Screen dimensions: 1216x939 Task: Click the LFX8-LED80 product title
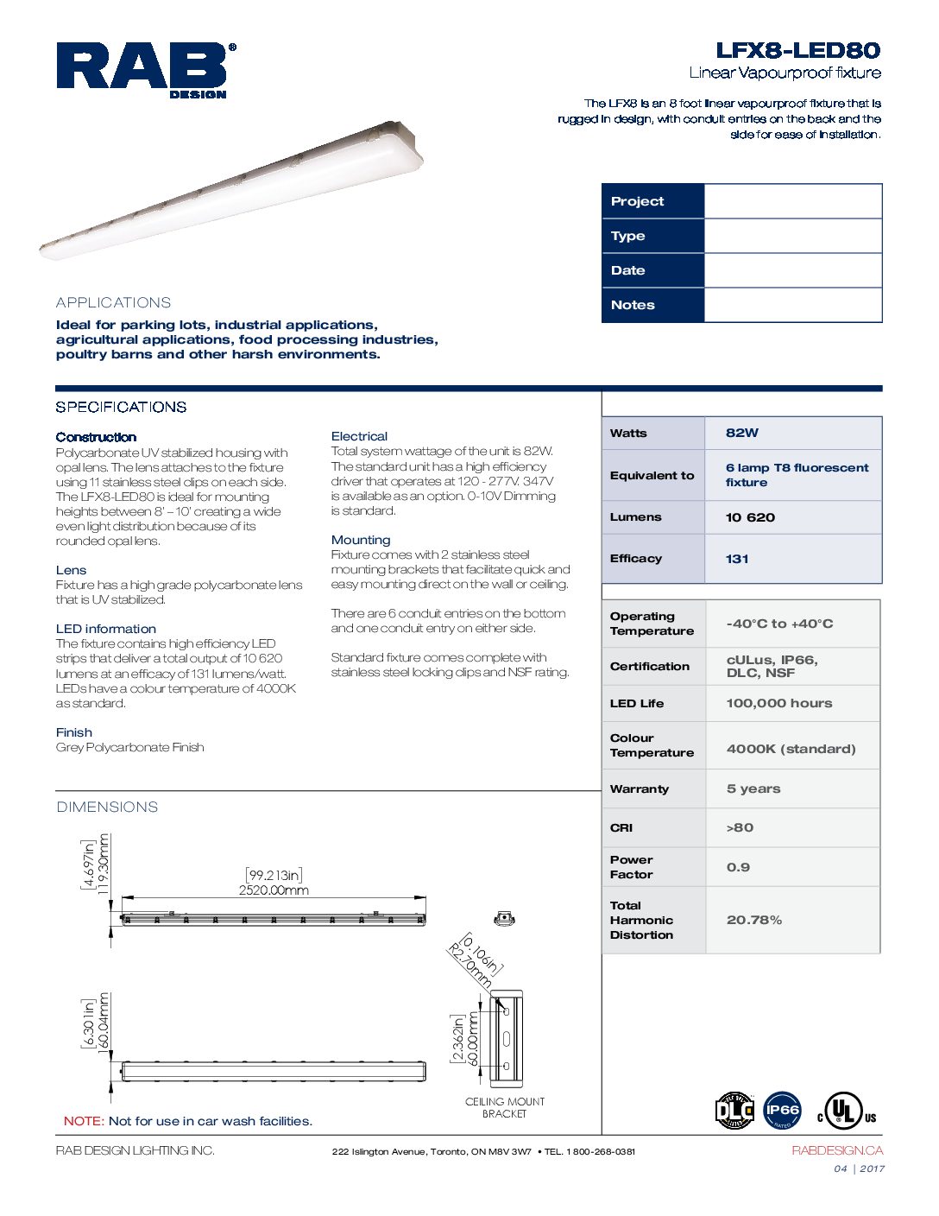click(797, 50)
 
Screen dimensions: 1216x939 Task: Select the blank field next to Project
click(792, 201)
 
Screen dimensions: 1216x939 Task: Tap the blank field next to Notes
click(792, 305)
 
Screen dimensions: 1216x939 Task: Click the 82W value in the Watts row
click(742, 433)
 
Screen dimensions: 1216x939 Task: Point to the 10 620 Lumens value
click(750, 517)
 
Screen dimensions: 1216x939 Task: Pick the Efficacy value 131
click(737, 559)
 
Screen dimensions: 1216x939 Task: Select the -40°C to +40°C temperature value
click(779, 624)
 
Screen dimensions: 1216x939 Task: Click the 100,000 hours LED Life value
click(778, 703)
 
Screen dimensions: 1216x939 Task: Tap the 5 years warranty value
click(753, 788)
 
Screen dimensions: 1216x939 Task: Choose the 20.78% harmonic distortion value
click(753, 920)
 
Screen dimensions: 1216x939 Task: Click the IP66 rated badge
click(782, 1111)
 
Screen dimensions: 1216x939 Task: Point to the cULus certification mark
click(846, 1111)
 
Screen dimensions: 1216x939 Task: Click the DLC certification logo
click(734, 1111)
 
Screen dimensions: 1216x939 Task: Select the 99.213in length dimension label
click(274, 876)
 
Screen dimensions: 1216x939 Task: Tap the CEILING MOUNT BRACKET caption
click(505, 1107)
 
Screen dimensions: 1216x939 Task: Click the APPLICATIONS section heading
click(113, 302)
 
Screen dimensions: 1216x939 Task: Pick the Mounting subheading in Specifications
click(361, 540)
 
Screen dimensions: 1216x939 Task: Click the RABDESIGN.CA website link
click(836, 1150)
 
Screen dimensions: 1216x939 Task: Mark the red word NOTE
click(84, 1121)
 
